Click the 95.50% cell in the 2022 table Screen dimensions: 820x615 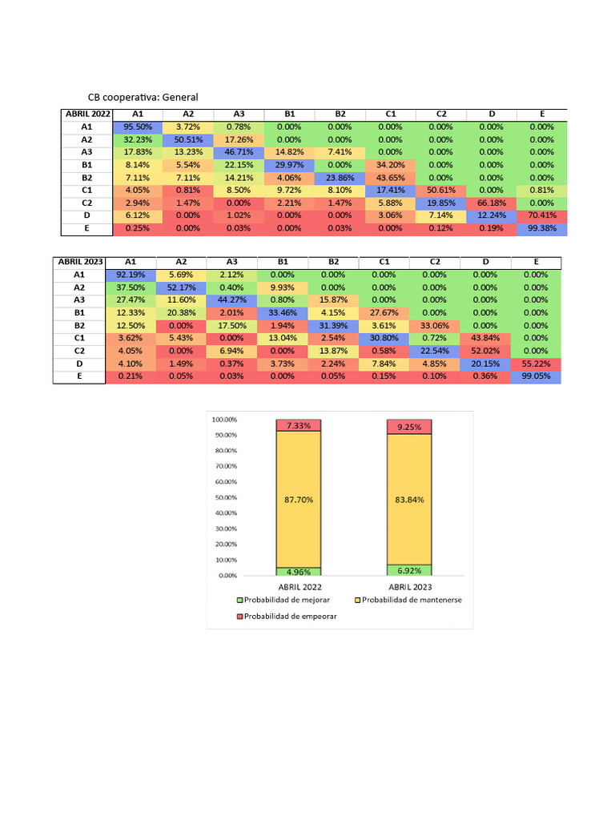coord(137,127)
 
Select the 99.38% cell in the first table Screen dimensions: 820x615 coord(541,229)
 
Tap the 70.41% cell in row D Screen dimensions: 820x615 coord(541,216)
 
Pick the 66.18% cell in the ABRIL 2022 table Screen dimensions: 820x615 coord(491,203)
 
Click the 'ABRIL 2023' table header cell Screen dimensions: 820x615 coord(79,262)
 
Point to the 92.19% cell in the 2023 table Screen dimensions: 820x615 coord(131,275)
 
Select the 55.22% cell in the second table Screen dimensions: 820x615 coord(536,364)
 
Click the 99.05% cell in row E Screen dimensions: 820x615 coord(536,377)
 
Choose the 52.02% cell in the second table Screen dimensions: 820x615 coord(485,352)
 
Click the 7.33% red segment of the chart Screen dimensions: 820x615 coord(299,424)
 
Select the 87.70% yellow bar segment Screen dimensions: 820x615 coord(299,498)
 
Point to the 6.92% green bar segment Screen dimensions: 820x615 coord(409,570)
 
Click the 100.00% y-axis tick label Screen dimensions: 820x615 coord(223,419)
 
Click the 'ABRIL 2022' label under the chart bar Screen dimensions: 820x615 coord(299,587)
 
